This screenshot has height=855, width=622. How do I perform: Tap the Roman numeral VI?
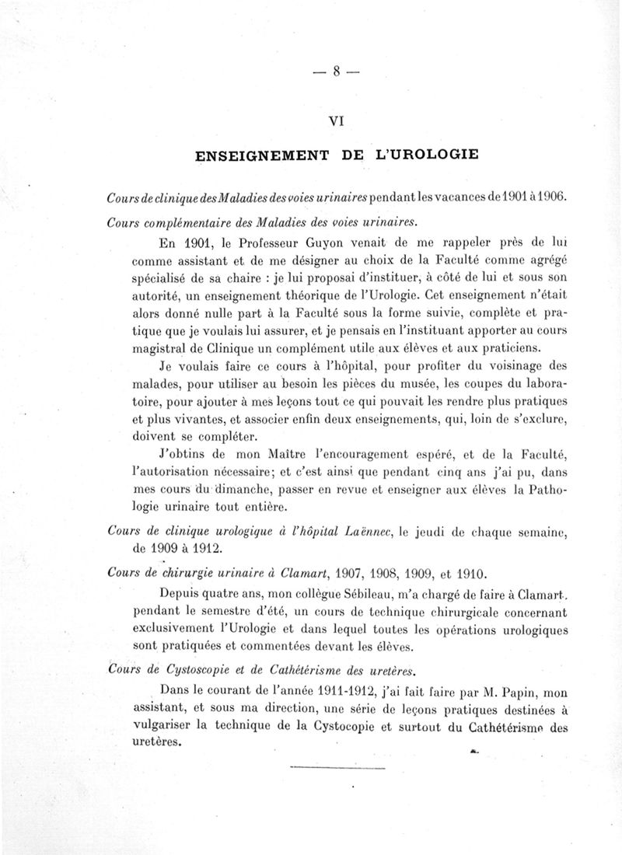click(337, 120)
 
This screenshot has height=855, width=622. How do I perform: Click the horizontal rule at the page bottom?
click(337, 769)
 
